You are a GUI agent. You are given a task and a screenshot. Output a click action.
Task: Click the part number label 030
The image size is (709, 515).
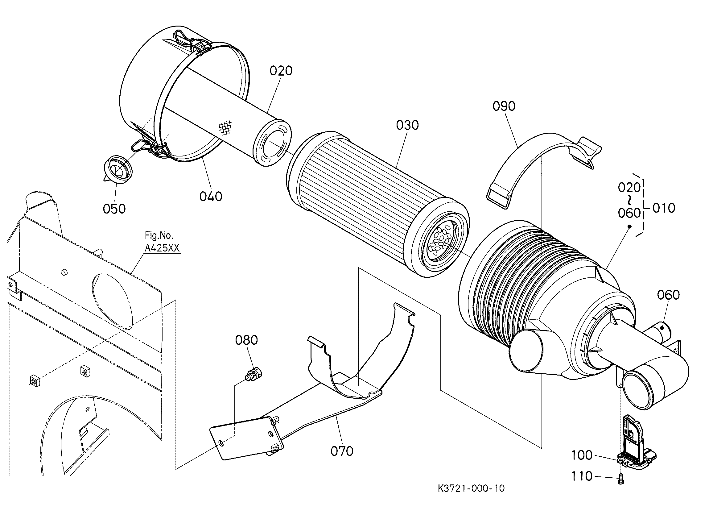[x=407, y=126]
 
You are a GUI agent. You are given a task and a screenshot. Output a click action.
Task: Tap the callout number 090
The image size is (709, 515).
[x=504, y=106]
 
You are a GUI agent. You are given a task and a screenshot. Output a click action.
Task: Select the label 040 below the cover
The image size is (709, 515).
[x=211, y=197]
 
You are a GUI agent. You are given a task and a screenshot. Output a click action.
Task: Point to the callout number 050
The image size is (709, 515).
[x=114, y=209]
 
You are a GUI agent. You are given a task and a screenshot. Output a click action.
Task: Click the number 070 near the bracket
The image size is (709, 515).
[x=342, y=451]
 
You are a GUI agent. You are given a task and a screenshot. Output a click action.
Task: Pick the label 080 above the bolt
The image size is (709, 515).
[x=247, y=340]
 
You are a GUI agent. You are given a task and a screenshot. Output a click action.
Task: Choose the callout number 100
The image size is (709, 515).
[x=582, y=455]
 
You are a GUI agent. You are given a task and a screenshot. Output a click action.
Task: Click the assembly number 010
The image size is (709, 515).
[x=664, y=208]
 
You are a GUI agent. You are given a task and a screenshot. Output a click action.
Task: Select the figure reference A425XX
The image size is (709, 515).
[x=162, y=248]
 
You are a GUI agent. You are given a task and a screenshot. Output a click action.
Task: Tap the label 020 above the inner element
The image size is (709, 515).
[x=281, y=71]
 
